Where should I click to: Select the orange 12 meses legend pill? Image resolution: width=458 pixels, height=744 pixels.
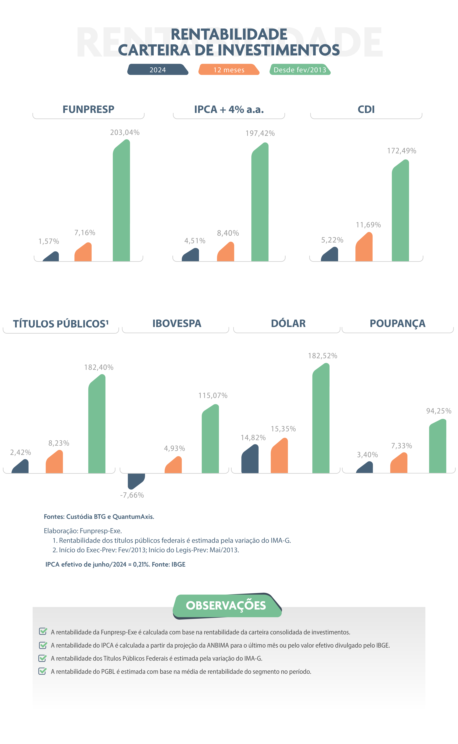(x=229, y=70)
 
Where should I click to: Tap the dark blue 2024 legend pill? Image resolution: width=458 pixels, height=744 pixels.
(x=158, y=70)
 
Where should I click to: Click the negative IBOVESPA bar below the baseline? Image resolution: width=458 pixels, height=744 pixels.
(x=136, y=480)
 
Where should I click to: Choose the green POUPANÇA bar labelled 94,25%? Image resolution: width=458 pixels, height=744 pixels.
(x=438, y=447)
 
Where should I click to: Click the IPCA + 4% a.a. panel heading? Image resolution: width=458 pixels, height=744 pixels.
(x=229, y=109)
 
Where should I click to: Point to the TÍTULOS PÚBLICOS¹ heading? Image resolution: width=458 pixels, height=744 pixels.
(x=61, y=324)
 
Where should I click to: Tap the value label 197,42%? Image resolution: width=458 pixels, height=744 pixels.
(x=260, y=133)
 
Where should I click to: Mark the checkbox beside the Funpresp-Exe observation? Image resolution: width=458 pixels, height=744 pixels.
(x=43, y=631)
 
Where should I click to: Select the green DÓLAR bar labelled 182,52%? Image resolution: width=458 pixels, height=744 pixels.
(x=321, y=420)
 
